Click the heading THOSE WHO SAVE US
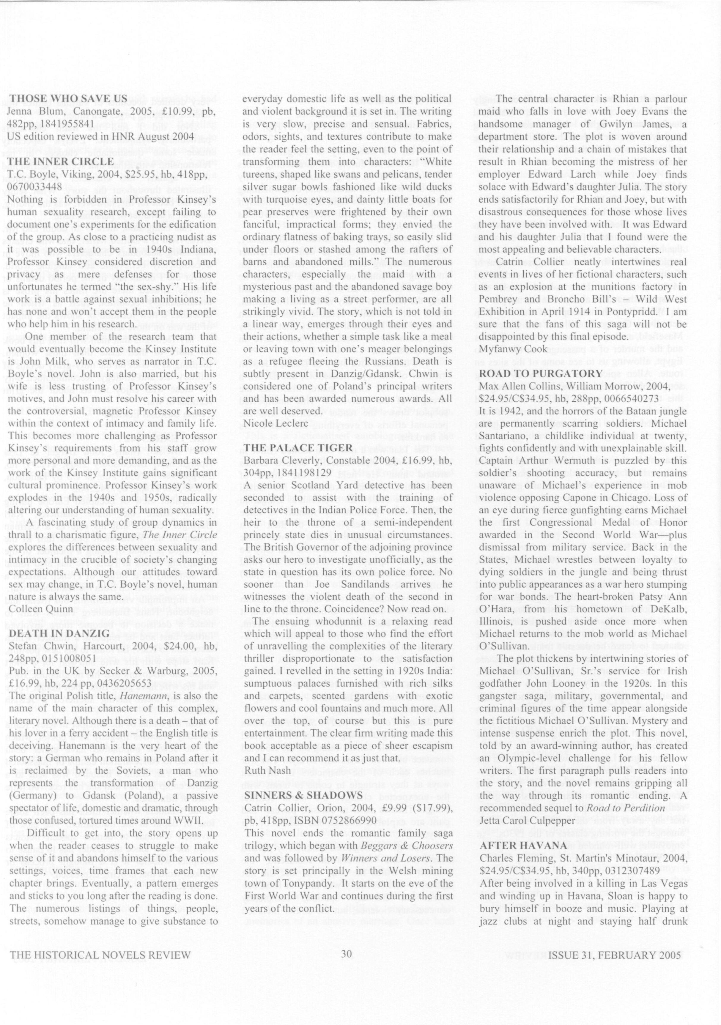click(68, 98)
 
